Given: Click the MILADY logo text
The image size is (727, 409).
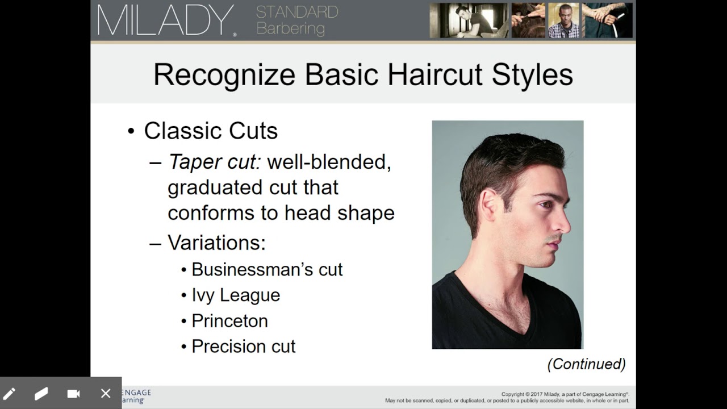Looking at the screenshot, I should [165, 20].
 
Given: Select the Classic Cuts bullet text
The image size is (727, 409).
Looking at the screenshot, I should [211, 131].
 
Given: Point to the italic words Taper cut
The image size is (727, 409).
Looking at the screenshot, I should [214, 162].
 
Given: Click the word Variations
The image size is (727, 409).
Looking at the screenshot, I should [216, 243].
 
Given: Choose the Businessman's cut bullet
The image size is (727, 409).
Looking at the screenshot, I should [267, 269].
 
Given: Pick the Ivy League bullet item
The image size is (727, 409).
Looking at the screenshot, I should [236, 295].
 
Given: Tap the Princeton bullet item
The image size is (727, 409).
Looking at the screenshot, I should [229, 321].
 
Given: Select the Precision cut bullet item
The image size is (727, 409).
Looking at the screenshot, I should [243, 347].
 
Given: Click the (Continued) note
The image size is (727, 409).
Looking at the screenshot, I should [586, 364].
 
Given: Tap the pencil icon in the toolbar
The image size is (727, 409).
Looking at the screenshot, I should [10, 394].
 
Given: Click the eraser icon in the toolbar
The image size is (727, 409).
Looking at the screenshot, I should [41, 394].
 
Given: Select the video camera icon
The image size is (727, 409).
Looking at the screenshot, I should [73, 394].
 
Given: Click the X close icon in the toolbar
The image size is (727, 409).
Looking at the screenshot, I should [106, 394].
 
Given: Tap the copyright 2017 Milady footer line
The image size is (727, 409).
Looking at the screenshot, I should [565, 394].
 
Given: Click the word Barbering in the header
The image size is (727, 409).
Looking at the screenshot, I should [290, 28].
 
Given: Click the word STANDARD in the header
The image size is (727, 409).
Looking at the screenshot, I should [297, 11].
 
